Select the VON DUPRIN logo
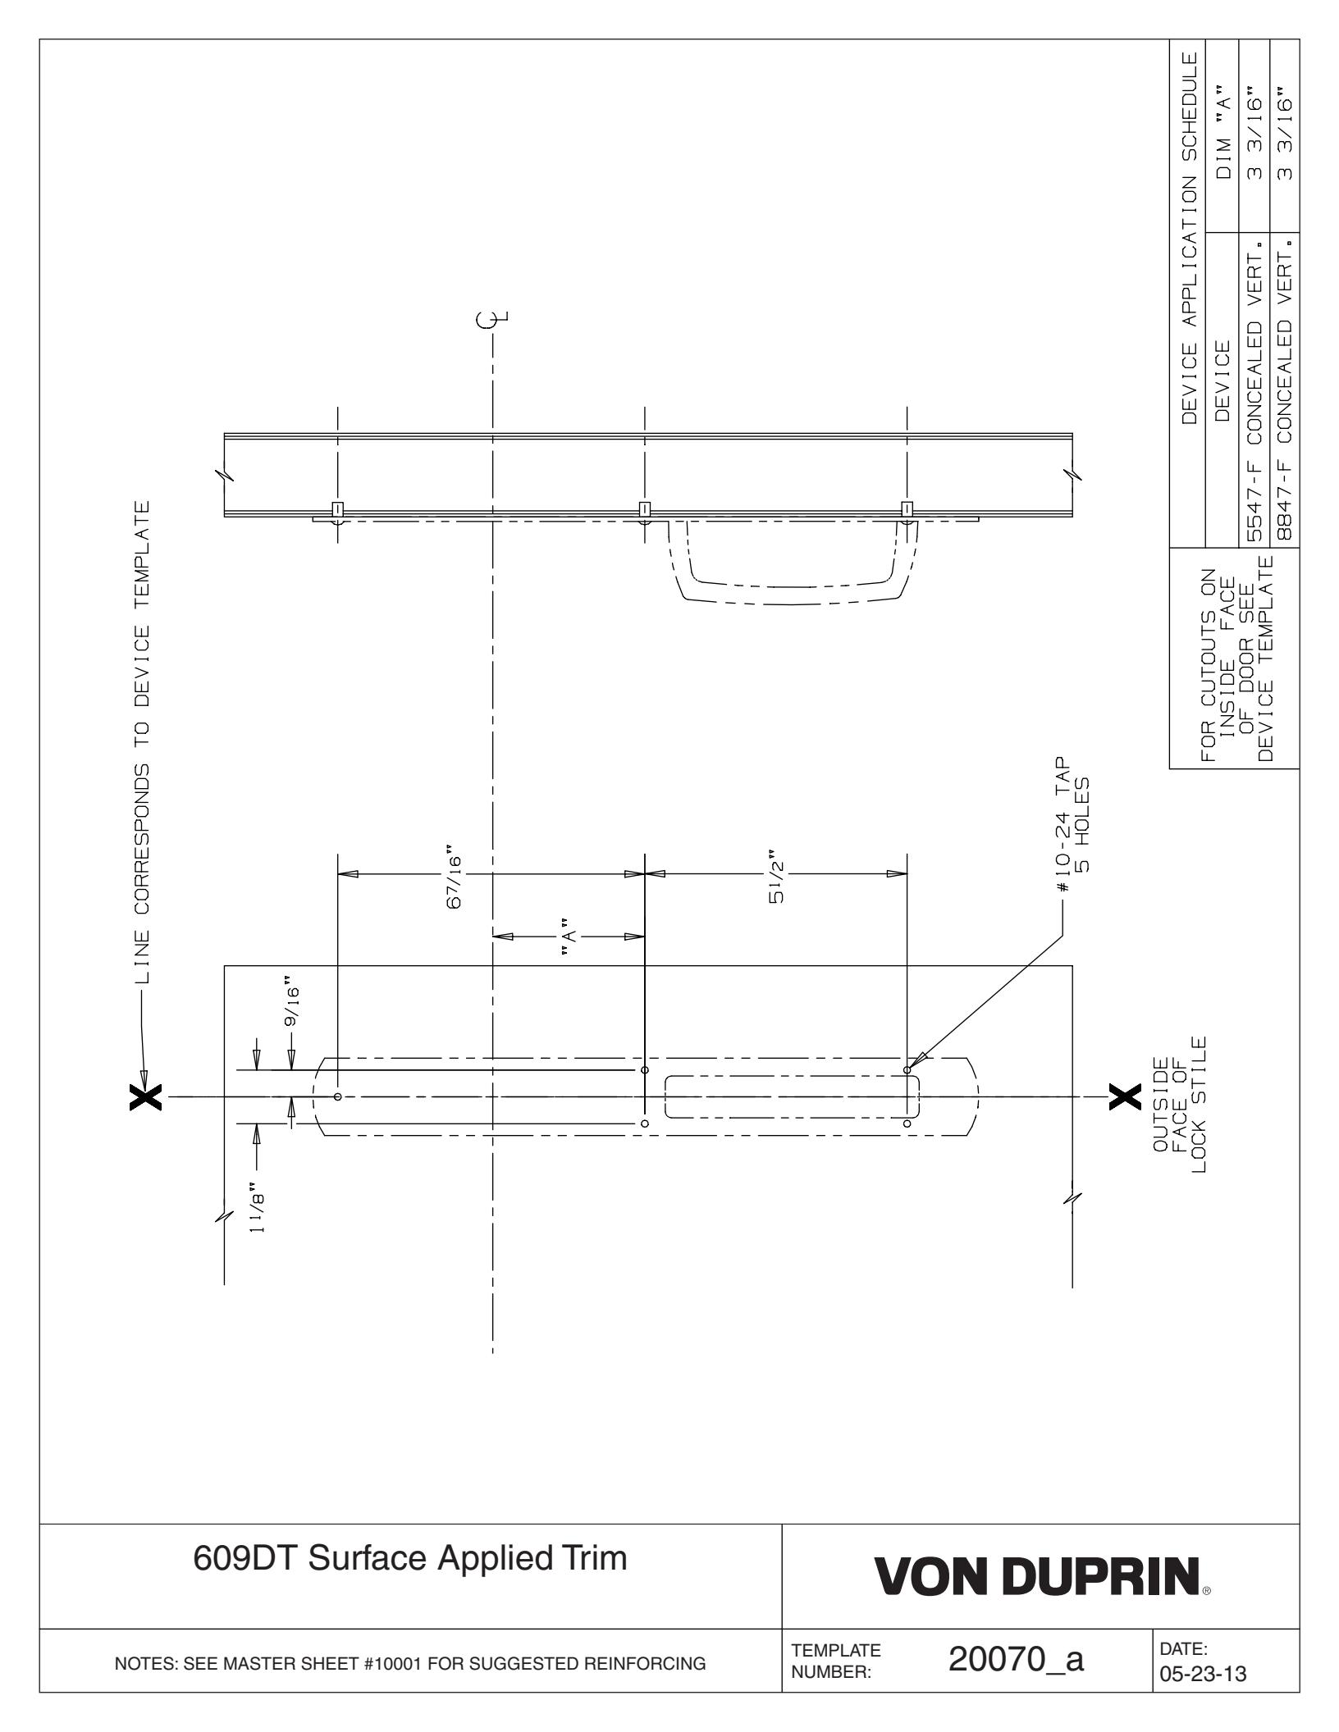[1042, 1591]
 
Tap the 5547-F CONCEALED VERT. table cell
[1252, 390]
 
